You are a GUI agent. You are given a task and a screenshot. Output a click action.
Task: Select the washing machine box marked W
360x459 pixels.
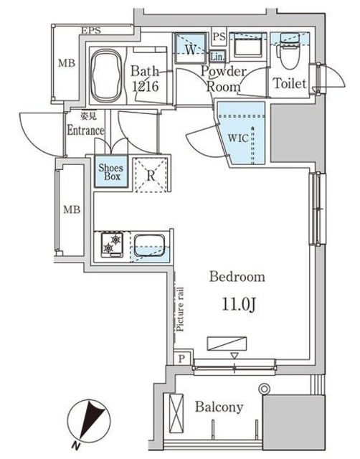pos(190,49)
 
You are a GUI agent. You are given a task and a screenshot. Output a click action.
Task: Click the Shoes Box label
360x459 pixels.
pos(111,172)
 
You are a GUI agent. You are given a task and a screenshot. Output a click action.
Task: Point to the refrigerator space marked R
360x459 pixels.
pos(151,173)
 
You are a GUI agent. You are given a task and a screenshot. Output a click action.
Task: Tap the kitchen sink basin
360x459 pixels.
pos(149,246)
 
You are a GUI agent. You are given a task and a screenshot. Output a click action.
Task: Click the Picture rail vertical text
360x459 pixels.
pos(180,308)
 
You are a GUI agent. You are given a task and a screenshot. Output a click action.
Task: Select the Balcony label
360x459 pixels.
pos(219,407)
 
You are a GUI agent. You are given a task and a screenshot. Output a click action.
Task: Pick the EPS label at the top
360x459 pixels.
pos(90,31)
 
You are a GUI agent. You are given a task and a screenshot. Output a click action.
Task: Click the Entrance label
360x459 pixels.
pos(86,131)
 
